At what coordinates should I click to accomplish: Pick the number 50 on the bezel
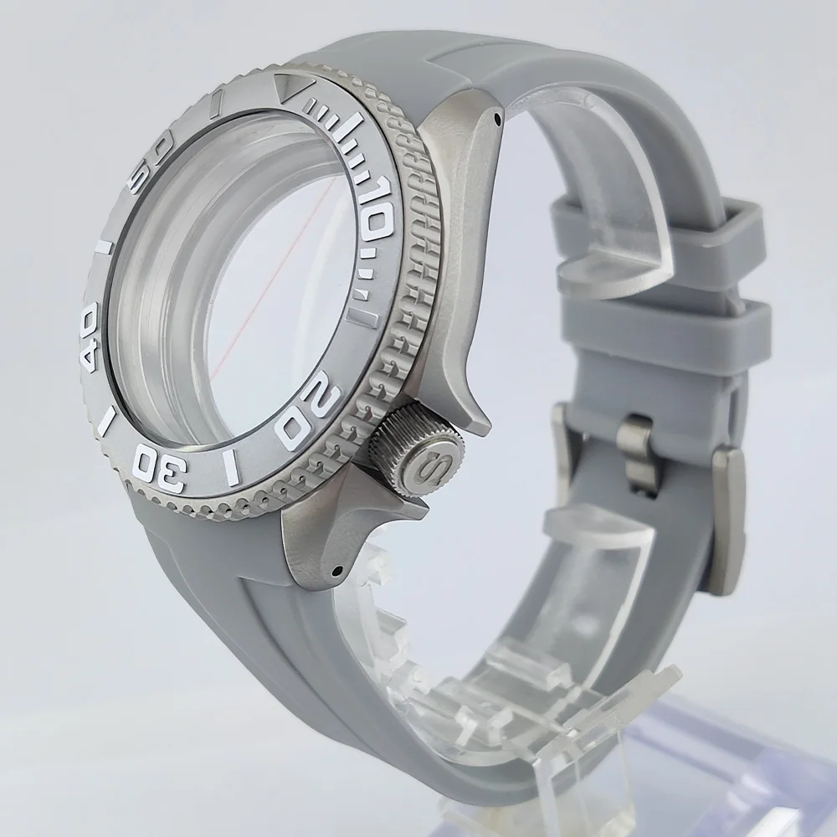pos(150,151)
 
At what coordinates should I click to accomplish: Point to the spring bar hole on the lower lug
pos(336,572)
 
